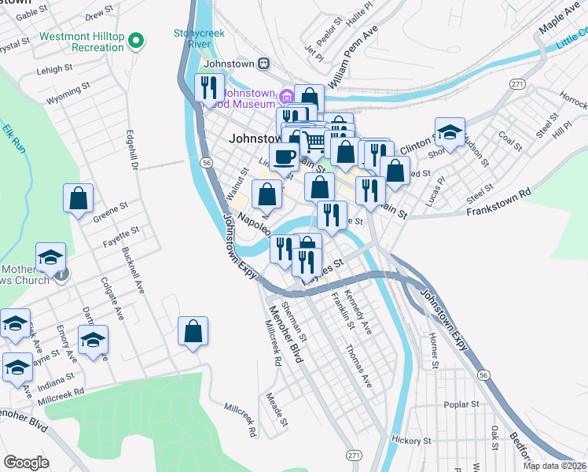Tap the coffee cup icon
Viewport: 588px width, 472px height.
283,155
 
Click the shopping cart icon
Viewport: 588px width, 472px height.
314,142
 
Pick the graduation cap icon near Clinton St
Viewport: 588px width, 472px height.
450,131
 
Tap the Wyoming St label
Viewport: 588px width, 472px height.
64,101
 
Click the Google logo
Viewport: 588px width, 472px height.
26,463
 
